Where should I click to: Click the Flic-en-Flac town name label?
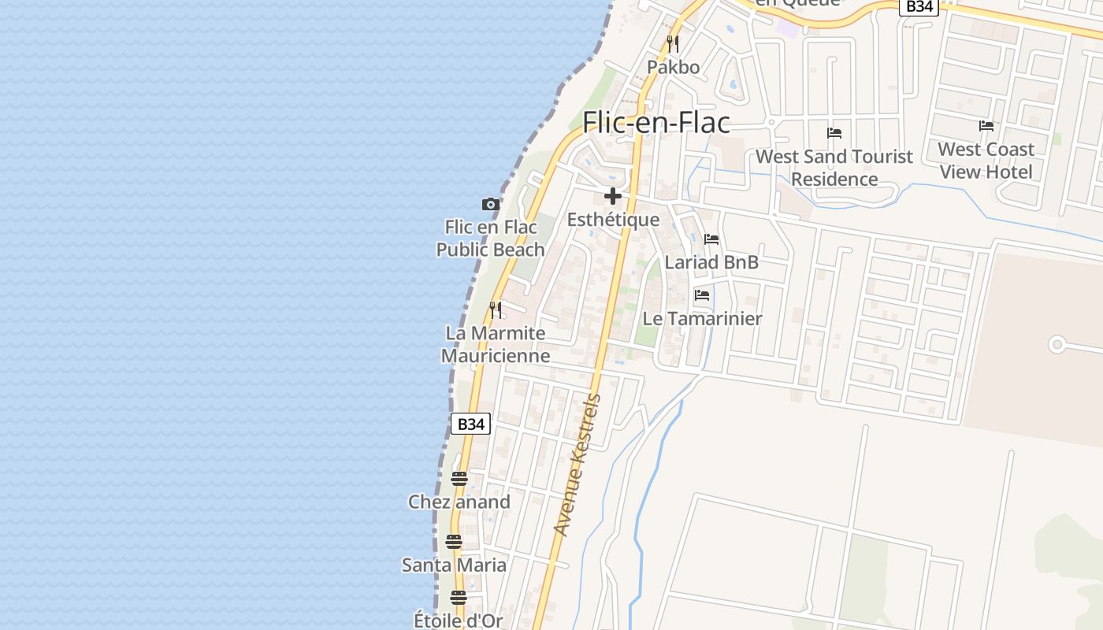[655, 123]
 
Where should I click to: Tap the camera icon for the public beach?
[491, 205]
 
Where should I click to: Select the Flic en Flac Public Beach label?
[490, 239]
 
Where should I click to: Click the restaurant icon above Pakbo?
[672, 43]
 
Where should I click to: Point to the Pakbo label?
[673, 68]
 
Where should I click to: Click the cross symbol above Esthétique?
[613, 196]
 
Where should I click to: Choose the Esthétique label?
[613, 220]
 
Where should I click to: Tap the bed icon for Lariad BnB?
[711, 239]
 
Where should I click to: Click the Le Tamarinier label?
[702, 319]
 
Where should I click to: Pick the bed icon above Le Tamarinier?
[702, 296]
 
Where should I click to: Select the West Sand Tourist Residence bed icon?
[834, 133]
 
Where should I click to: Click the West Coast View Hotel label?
[986, 161]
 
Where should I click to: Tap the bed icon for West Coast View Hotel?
[986, 126]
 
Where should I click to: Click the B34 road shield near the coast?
[470, 424]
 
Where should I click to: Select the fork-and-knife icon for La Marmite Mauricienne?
[496, 309]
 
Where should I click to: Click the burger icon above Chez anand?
[459, 478]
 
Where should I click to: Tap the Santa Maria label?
[454, 565]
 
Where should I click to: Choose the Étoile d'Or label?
[458, 621]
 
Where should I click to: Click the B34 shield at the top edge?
[919, 6]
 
